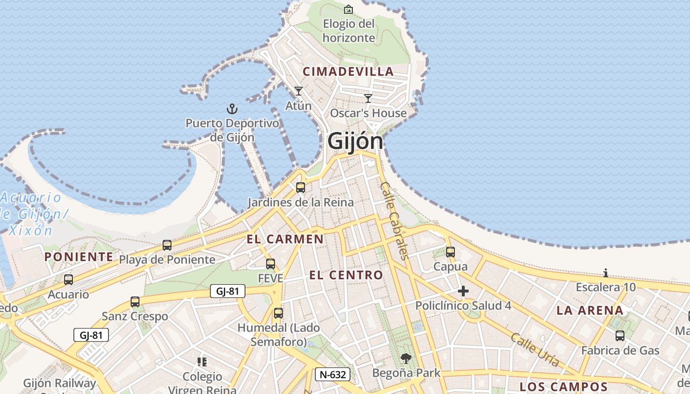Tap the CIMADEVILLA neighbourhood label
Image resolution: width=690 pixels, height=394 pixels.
click(348, 71)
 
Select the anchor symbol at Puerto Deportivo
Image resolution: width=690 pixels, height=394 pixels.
click(232, 109)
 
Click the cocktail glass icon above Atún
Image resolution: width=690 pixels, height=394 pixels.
click(298, 91)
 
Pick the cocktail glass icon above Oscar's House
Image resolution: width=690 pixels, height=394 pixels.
click(368, 98)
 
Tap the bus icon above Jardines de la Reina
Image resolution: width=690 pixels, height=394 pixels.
click(300, 188)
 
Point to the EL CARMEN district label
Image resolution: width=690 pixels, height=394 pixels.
click(285, 239)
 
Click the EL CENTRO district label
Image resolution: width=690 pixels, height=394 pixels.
click(346, 275)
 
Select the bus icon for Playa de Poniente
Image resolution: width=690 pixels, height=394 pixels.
click(167, 245)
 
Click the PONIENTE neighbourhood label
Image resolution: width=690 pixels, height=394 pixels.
click(79, 257)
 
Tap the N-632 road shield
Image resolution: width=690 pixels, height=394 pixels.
click(333, 374)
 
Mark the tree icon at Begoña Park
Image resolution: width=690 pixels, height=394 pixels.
click(406, 359)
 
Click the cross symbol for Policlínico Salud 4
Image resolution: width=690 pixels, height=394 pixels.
click(463, 292)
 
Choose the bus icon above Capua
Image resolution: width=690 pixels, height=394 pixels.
click(450, 252)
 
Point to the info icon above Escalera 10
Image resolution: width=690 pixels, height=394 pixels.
click(606, 273)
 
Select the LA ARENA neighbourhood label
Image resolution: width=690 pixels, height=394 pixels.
click(590, 310)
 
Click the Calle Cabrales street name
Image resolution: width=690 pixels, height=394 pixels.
click(395, 221)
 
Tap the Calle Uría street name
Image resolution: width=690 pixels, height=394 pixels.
click(535, 350)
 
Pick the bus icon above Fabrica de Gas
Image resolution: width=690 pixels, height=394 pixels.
click(620, 336)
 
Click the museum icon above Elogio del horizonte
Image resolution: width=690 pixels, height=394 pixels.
click(348, 9)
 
